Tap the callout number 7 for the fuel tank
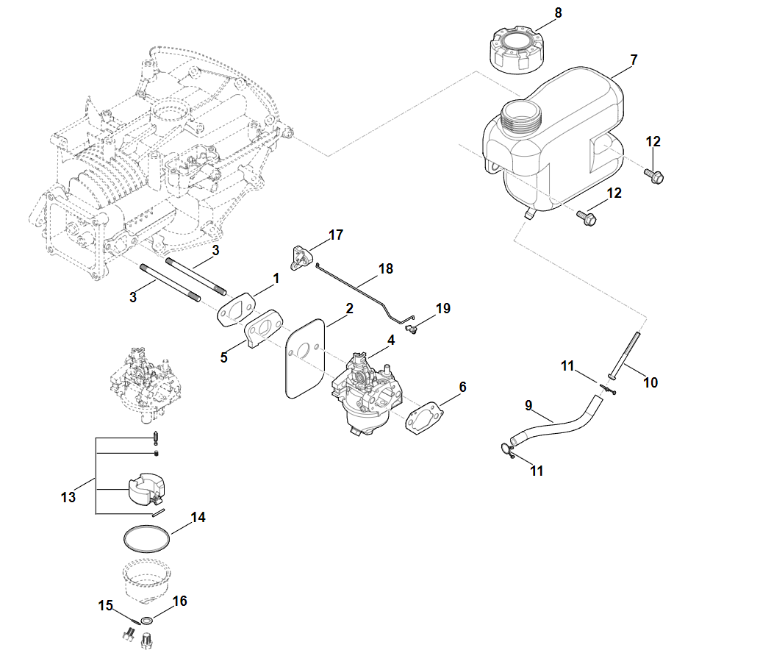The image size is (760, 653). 634,59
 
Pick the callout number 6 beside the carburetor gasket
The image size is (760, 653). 462,387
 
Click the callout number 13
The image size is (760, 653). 68,498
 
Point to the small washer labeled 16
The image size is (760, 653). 147,621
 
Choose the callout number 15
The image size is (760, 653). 106,605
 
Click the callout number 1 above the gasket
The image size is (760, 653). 276,279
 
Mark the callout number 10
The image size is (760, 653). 650,382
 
